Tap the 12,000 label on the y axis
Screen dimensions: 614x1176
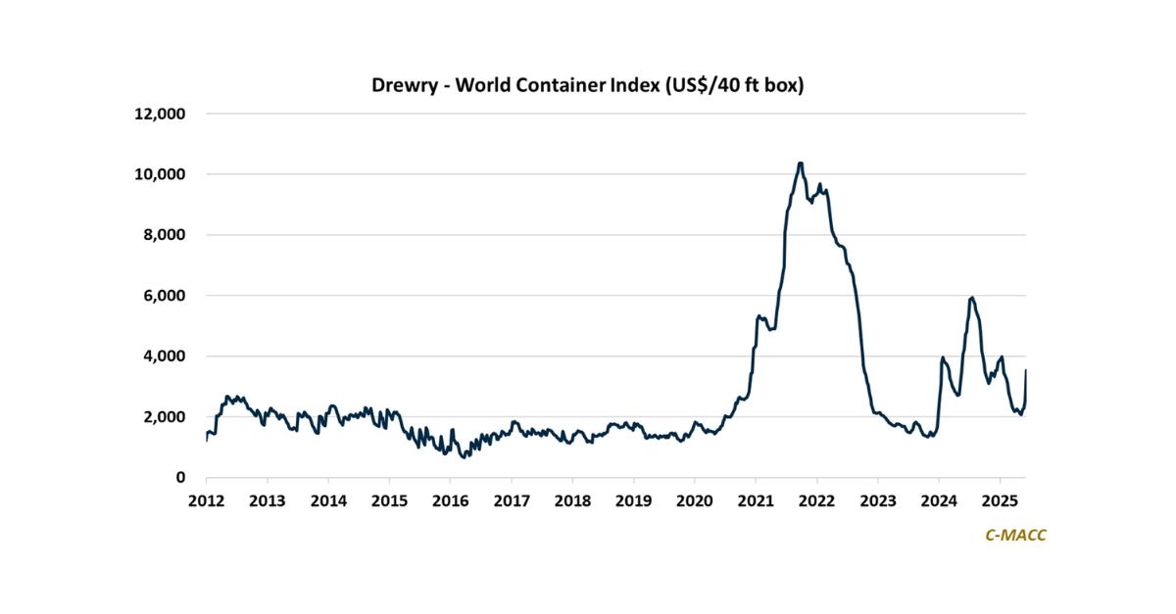(158, 114)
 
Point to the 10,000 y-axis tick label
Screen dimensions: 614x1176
(158, 174)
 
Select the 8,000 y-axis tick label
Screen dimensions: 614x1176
(162, 235)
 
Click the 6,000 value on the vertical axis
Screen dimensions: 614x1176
(162, 296)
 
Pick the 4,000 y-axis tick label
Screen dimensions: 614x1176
(162, 356)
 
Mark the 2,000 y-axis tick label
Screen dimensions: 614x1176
(162, 417)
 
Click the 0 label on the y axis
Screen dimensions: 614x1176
(180, 478)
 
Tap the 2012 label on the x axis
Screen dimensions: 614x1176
(207, 501)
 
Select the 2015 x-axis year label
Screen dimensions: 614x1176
(389, 501)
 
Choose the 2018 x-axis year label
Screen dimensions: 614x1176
(572, 501)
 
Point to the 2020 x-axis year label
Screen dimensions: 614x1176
(695, 501)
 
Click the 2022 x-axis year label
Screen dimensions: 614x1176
(816, 501)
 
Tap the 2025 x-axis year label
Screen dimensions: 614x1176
(1000, 501)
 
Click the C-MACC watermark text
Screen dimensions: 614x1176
(1014, 536)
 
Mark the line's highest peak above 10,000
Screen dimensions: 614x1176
(801, 163)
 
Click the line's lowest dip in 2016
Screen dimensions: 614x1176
(464, 457)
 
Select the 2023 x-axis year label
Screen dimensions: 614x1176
(877, 501)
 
